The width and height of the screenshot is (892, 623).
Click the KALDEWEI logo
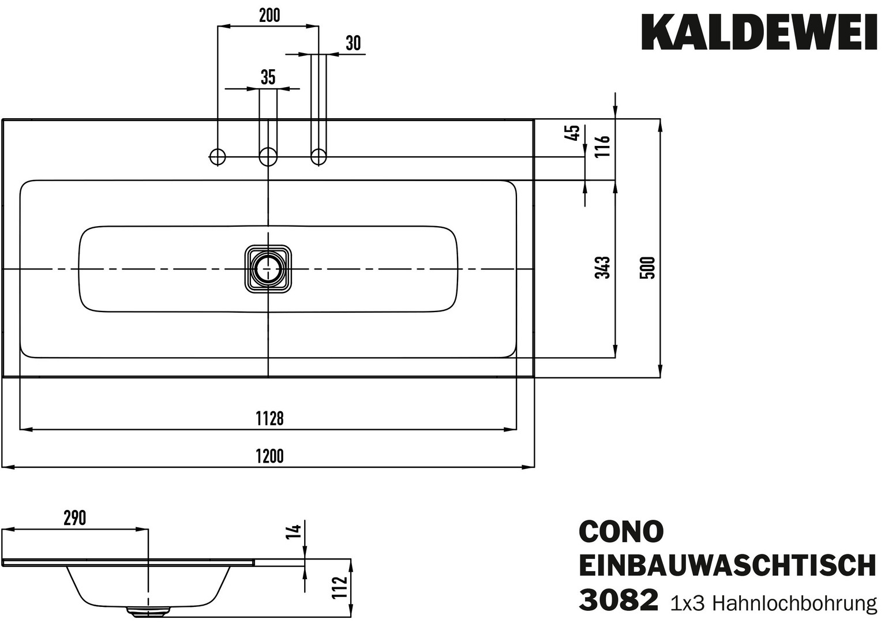[x=759, y=32]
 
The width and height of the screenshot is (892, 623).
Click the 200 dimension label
[x=269, y=15]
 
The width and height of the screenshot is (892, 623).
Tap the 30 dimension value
[x=353, y=43]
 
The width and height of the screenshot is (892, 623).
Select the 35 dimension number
[x=268, y=77]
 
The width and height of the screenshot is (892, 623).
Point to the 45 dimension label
[x=573, y=133]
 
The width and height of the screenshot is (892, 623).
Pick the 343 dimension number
[x=603, y=268]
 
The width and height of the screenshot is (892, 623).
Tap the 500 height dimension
[x=648, y=268]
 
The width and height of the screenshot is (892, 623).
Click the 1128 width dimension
[x=269, y=419]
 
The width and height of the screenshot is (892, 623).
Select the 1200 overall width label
[x=269, y=456]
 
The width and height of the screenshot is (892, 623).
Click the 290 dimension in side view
[x=74, y=518]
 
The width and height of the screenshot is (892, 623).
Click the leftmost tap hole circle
[x=218, y=156]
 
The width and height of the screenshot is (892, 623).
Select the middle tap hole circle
[x=268, y=156]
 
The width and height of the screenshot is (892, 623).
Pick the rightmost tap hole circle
[x=318, y=156]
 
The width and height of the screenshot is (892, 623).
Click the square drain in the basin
[x=268, y=269]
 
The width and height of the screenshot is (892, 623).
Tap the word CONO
[x=621, y=532]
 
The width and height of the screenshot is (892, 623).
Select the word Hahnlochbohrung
[x=795, y=603]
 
